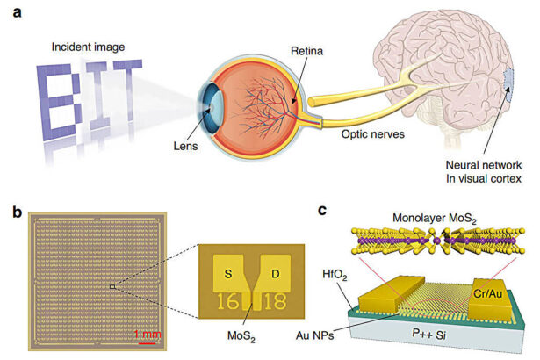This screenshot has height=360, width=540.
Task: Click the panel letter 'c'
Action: click(x=323, y=211)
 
